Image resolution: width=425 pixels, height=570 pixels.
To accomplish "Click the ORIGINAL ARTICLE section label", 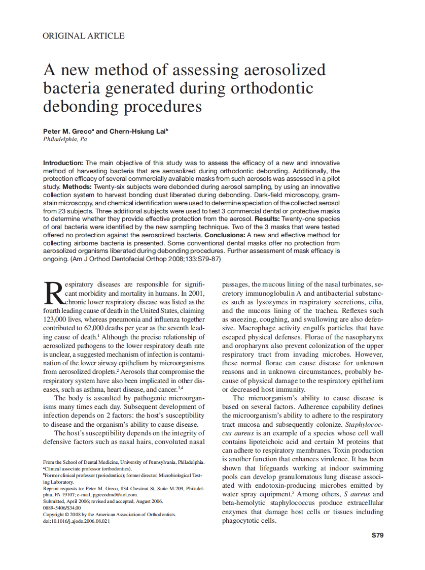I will pyautogui.click(x=84, y=36).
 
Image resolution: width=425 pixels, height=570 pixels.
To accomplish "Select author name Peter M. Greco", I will pyautogui.click(x=68, y=131).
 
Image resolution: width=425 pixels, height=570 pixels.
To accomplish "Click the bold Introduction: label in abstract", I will pyautogui.click(x=63, y=163).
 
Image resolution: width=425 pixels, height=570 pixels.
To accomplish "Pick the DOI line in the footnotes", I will pyautogui.click(x=76, y=521).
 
